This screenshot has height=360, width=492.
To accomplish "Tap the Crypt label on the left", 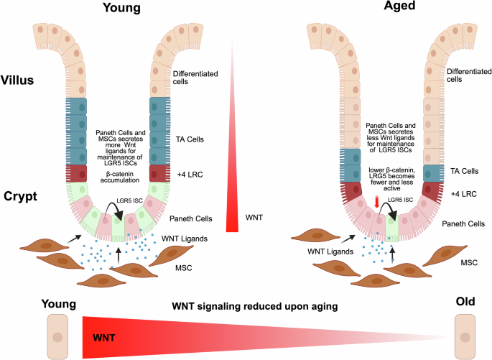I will click(19, 195).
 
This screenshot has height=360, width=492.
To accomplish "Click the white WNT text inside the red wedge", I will click(107, 336).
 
